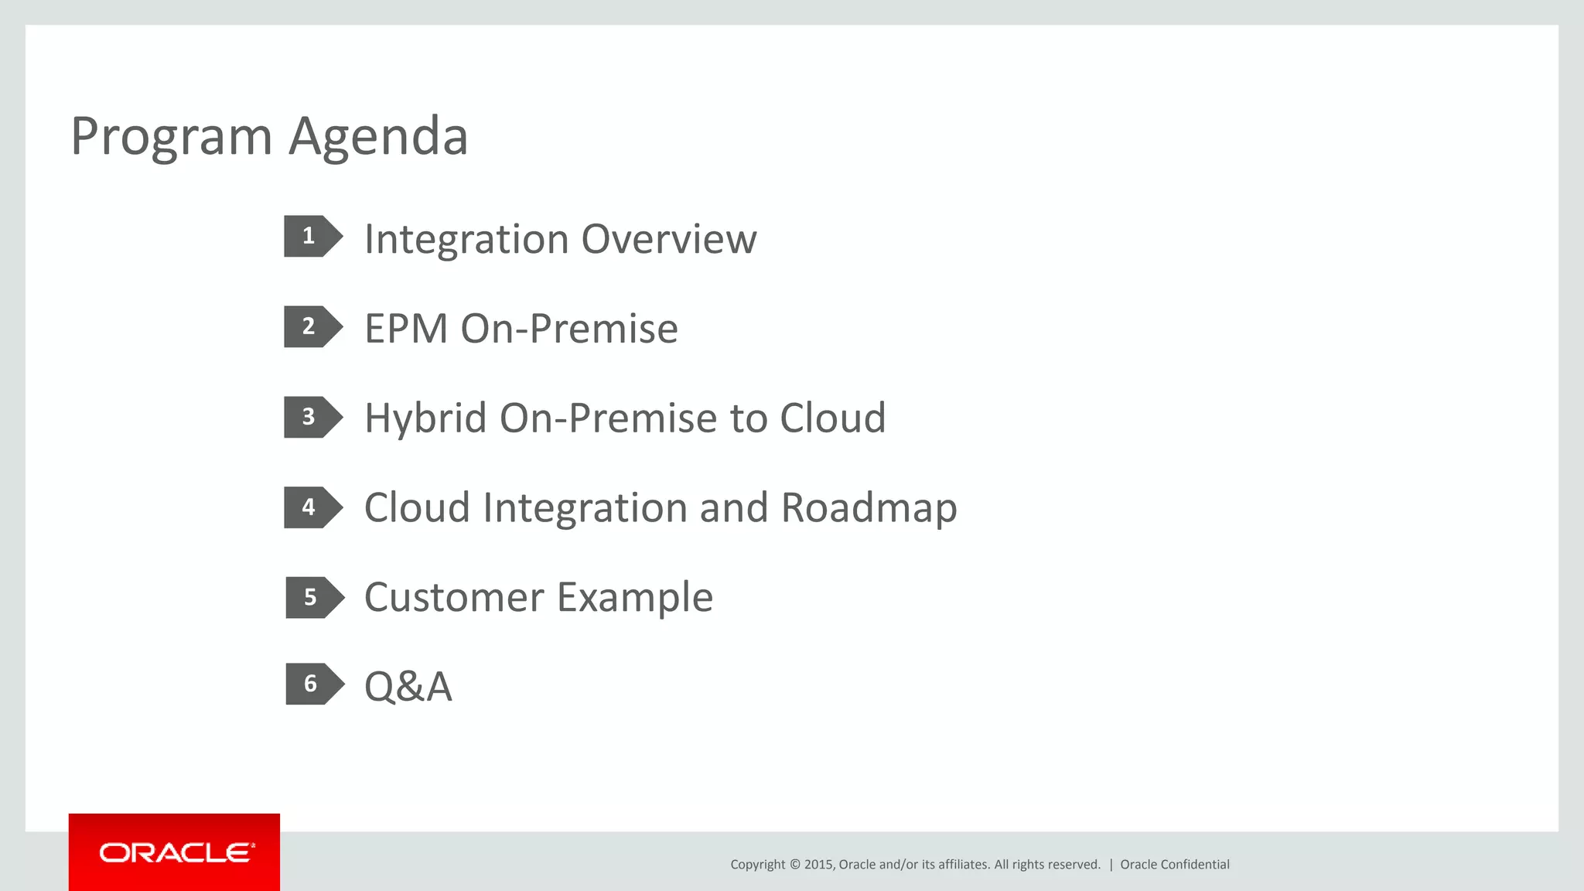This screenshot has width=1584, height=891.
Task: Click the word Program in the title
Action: point(171,138)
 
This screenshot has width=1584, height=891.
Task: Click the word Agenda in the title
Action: point(378,138)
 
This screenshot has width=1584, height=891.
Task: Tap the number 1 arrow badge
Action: point(312,236)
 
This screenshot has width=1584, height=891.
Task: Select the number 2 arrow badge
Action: point(312,326)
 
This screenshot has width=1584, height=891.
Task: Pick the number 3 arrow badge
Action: point(312,417)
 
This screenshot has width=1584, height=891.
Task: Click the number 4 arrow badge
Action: point(312,507)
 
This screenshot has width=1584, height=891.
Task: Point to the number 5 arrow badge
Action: point(313,597)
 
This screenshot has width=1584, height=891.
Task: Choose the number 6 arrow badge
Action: point(313,684)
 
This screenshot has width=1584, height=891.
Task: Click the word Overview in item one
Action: point(668,239)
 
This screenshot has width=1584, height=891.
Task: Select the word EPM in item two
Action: point(406,329)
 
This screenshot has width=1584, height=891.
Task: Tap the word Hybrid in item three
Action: point(425,418)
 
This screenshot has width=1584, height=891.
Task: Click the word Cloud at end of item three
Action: point(832,418)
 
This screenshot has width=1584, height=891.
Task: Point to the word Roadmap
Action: point(869,509)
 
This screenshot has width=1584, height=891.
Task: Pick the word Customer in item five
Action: point(454,598)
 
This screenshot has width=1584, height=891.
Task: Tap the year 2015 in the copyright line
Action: point(818,865)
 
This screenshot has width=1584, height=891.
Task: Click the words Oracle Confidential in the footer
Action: point(1174,865)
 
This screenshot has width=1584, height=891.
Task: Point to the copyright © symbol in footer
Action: point(794,865)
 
